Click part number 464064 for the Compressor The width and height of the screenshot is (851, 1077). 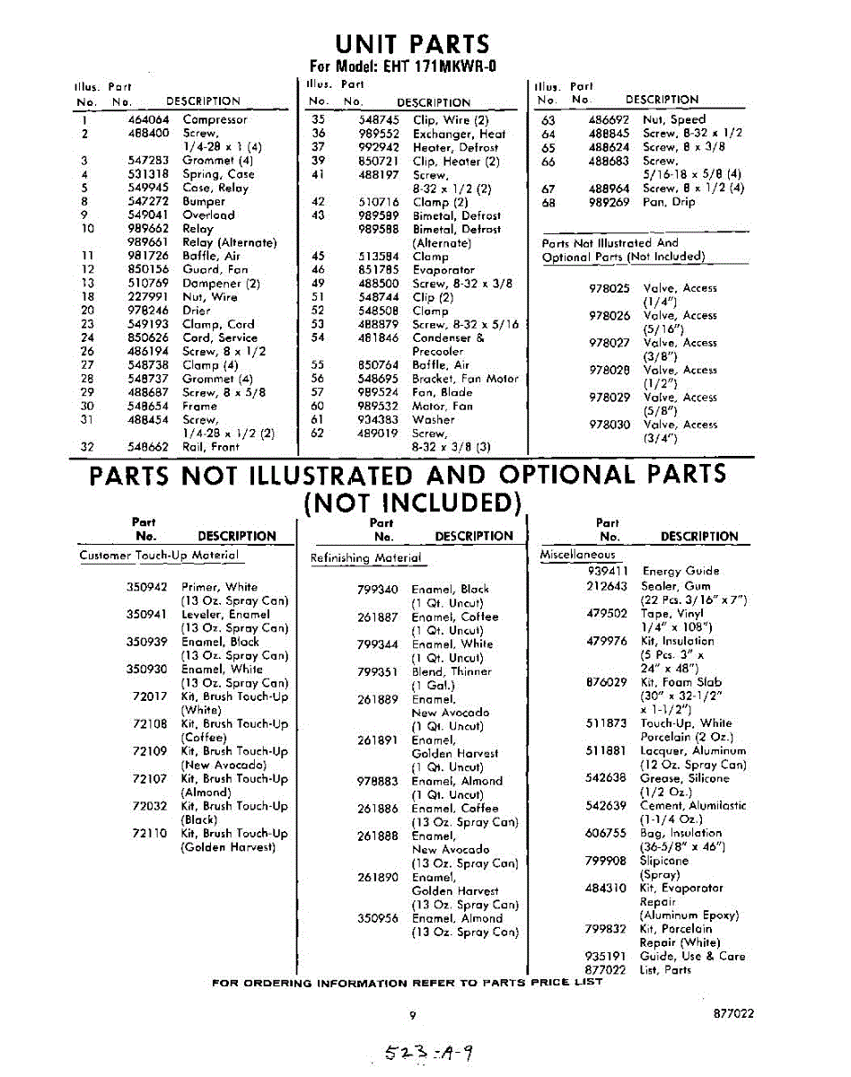[142, 119]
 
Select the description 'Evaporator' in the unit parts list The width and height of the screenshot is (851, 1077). [443, 269]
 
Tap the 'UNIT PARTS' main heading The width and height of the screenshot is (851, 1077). [413, 44]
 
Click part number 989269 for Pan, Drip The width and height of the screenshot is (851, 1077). [609, 202]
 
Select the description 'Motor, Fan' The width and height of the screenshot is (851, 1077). [443, 406]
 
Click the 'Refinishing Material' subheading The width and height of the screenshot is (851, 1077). [365, 558]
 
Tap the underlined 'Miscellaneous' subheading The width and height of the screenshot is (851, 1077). [577, 555]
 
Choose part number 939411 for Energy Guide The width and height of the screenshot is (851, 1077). [608, 571]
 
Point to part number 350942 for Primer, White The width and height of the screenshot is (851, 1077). [147, 587]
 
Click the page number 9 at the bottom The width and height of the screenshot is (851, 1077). [413, 1015]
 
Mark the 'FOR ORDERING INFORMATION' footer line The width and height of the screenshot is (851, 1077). [407, 982]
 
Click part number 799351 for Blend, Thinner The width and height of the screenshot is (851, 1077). [377, 671]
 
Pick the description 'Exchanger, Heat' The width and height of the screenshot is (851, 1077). [459, 134]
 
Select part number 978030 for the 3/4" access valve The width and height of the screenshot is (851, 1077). [610, 425]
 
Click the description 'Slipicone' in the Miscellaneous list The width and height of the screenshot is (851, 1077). [664, 861]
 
